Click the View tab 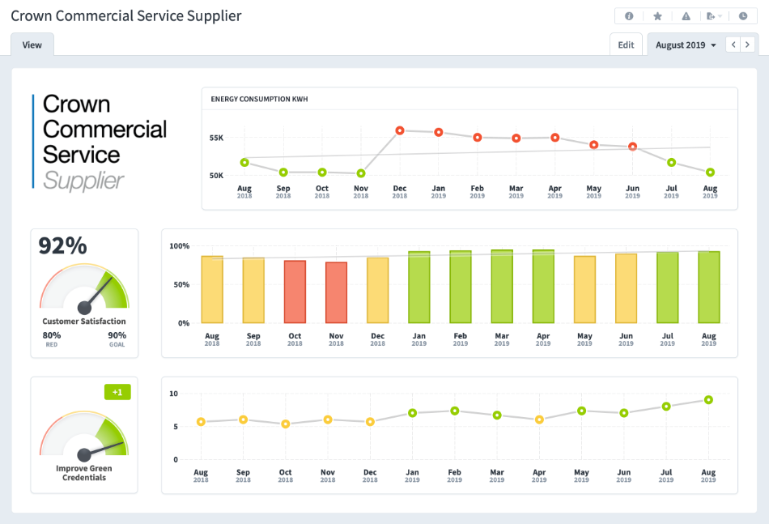pyautogui.click(x=32, y=45)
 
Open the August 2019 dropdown pyautogui.click(x=686, y=45)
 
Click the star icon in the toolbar pyautogui.click(x=657, y=16)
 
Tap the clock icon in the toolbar pyautogui.click(x=743, y=16)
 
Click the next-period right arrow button pyautogui.click(x=748, y=45)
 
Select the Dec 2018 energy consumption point pyautogui.click(x=400, y=130)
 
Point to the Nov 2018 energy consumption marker pyautogui.click(x=361, y=173)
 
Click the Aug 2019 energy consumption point pyautogui.click(x=710, y=173)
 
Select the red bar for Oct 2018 pyautogui.click(x=295, y=292)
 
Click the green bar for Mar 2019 pyautogui.click(x=502, y=287)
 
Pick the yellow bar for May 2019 pyautogui.click(x=584, y=289)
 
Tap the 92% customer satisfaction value pyautogui.click(x=63, y=246)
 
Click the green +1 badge pyautogui.click(x=117, y=392)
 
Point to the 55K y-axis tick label pyautogui.click(x=216, y=138)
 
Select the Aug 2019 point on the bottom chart pyautogui.click(x=708, y=400)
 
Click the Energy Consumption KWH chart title pyautogui.click(x=259, y=100)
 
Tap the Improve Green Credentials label pyautogui.click(x=84, y=473)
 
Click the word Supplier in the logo pyautogui.click(x=83, y=180)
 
